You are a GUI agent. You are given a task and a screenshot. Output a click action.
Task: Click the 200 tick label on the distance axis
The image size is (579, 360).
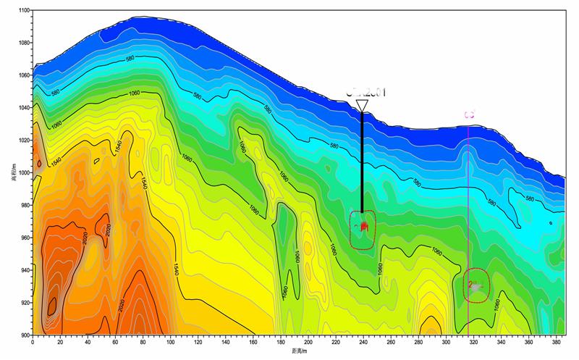coord(308,341)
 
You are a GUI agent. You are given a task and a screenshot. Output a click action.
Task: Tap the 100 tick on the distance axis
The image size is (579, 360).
coord(171,341)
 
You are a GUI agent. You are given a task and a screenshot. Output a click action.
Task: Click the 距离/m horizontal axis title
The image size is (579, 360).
coord(300,351)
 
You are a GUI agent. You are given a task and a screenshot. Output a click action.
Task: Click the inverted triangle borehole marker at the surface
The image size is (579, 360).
coord(362,106)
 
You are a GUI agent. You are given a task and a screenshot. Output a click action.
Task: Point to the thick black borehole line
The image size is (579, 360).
coord(362,159)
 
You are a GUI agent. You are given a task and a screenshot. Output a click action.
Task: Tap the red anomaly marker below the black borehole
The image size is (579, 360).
coord(364,227)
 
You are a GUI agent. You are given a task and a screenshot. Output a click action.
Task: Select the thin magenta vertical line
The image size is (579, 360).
coord(469,217)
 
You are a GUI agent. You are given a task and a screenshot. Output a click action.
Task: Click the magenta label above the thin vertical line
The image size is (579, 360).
coord(469,114)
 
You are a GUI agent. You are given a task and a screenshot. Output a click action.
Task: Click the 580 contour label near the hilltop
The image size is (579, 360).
coord(131,59)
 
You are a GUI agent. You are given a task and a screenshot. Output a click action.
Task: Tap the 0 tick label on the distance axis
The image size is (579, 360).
coord(33,341)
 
